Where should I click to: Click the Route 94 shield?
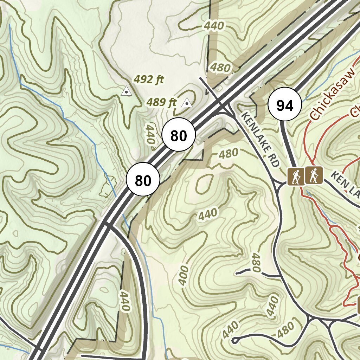(285, 104)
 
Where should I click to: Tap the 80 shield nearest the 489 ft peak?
(178, 135)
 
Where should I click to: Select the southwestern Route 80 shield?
(143, 180)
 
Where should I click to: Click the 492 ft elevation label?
(149, 80)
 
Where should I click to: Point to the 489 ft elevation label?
(161, 103)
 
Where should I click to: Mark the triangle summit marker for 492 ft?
(126, 92)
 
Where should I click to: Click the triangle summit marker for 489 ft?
(187, 103)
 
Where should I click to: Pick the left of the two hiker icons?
(295, 176)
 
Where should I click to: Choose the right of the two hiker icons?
(314, 175)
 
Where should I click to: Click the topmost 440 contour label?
(214, 26)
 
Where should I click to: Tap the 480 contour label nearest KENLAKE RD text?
(228, 154)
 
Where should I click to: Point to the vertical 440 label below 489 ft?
(151, 134)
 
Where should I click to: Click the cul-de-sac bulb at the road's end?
(234, 340)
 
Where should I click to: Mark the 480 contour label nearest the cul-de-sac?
(285, 329)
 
